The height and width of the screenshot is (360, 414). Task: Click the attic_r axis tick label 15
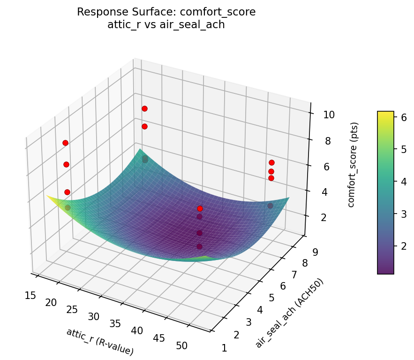pos(30,295)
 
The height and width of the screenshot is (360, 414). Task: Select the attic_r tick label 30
pos(93,317)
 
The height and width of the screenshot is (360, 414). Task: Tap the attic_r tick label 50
pos(181,346)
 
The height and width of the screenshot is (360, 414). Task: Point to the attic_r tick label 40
pos(137,331)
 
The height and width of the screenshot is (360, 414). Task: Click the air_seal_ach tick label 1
pos(224,348)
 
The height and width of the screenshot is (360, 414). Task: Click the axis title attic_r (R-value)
pos(100,341)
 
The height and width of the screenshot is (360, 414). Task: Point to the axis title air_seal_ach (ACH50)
pos(289,313)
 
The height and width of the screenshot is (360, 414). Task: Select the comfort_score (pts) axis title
pos(355,165)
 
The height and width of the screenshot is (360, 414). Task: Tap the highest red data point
pos(144,108)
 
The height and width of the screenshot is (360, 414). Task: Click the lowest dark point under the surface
pos(199,246)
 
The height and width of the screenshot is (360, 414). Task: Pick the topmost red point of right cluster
pos(271,162)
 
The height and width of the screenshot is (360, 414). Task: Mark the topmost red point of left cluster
pos(65,143)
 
